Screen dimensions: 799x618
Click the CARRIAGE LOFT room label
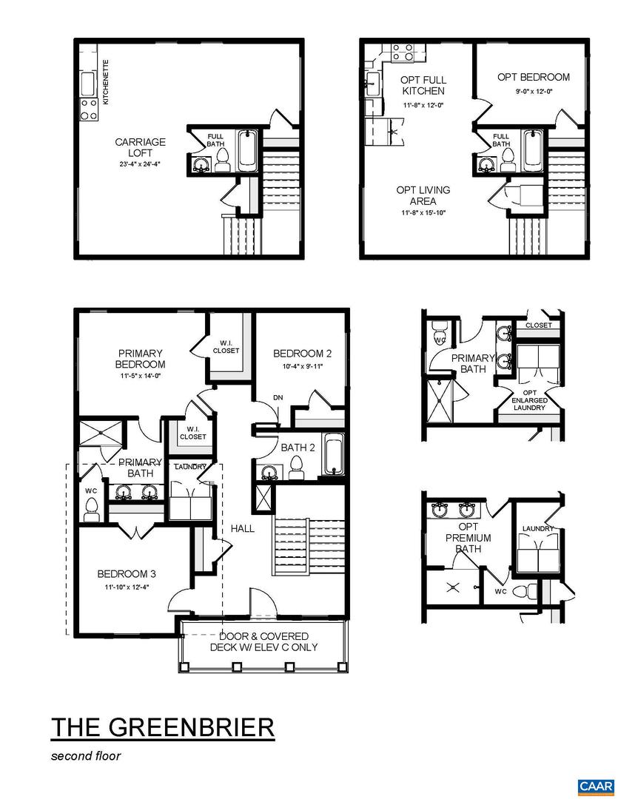(140, 147)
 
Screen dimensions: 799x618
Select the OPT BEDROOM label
(533, 77)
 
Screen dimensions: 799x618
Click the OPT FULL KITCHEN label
(423, 85)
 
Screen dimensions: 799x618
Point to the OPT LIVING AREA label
(423, 195)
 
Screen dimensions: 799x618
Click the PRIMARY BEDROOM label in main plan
(140, 359)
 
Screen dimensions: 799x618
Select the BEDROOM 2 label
(302, 353)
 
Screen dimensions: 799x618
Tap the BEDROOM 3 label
(127, 573)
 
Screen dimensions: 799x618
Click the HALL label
(242, 528)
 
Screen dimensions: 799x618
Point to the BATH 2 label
(298, 448)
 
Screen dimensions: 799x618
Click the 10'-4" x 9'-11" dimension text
(302, 365)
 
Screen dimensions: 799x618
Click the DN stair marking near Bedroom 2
(278, 397)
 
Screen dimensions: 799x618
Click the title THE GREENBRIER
(163, 726)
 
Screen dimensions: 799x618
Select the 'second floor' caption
(85, 756)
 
